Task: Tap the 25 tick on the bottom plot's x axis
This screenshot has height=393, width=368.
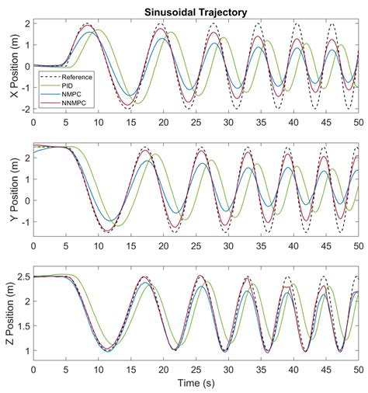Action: point(196,372)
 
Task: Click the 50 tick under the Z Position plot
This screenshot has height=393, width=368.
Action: point(358,372)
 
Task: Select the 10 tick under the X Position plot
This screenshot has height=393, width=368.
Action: point(98,123)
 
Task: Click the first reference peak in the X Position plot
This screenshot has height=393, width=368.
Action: point(87,24)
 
